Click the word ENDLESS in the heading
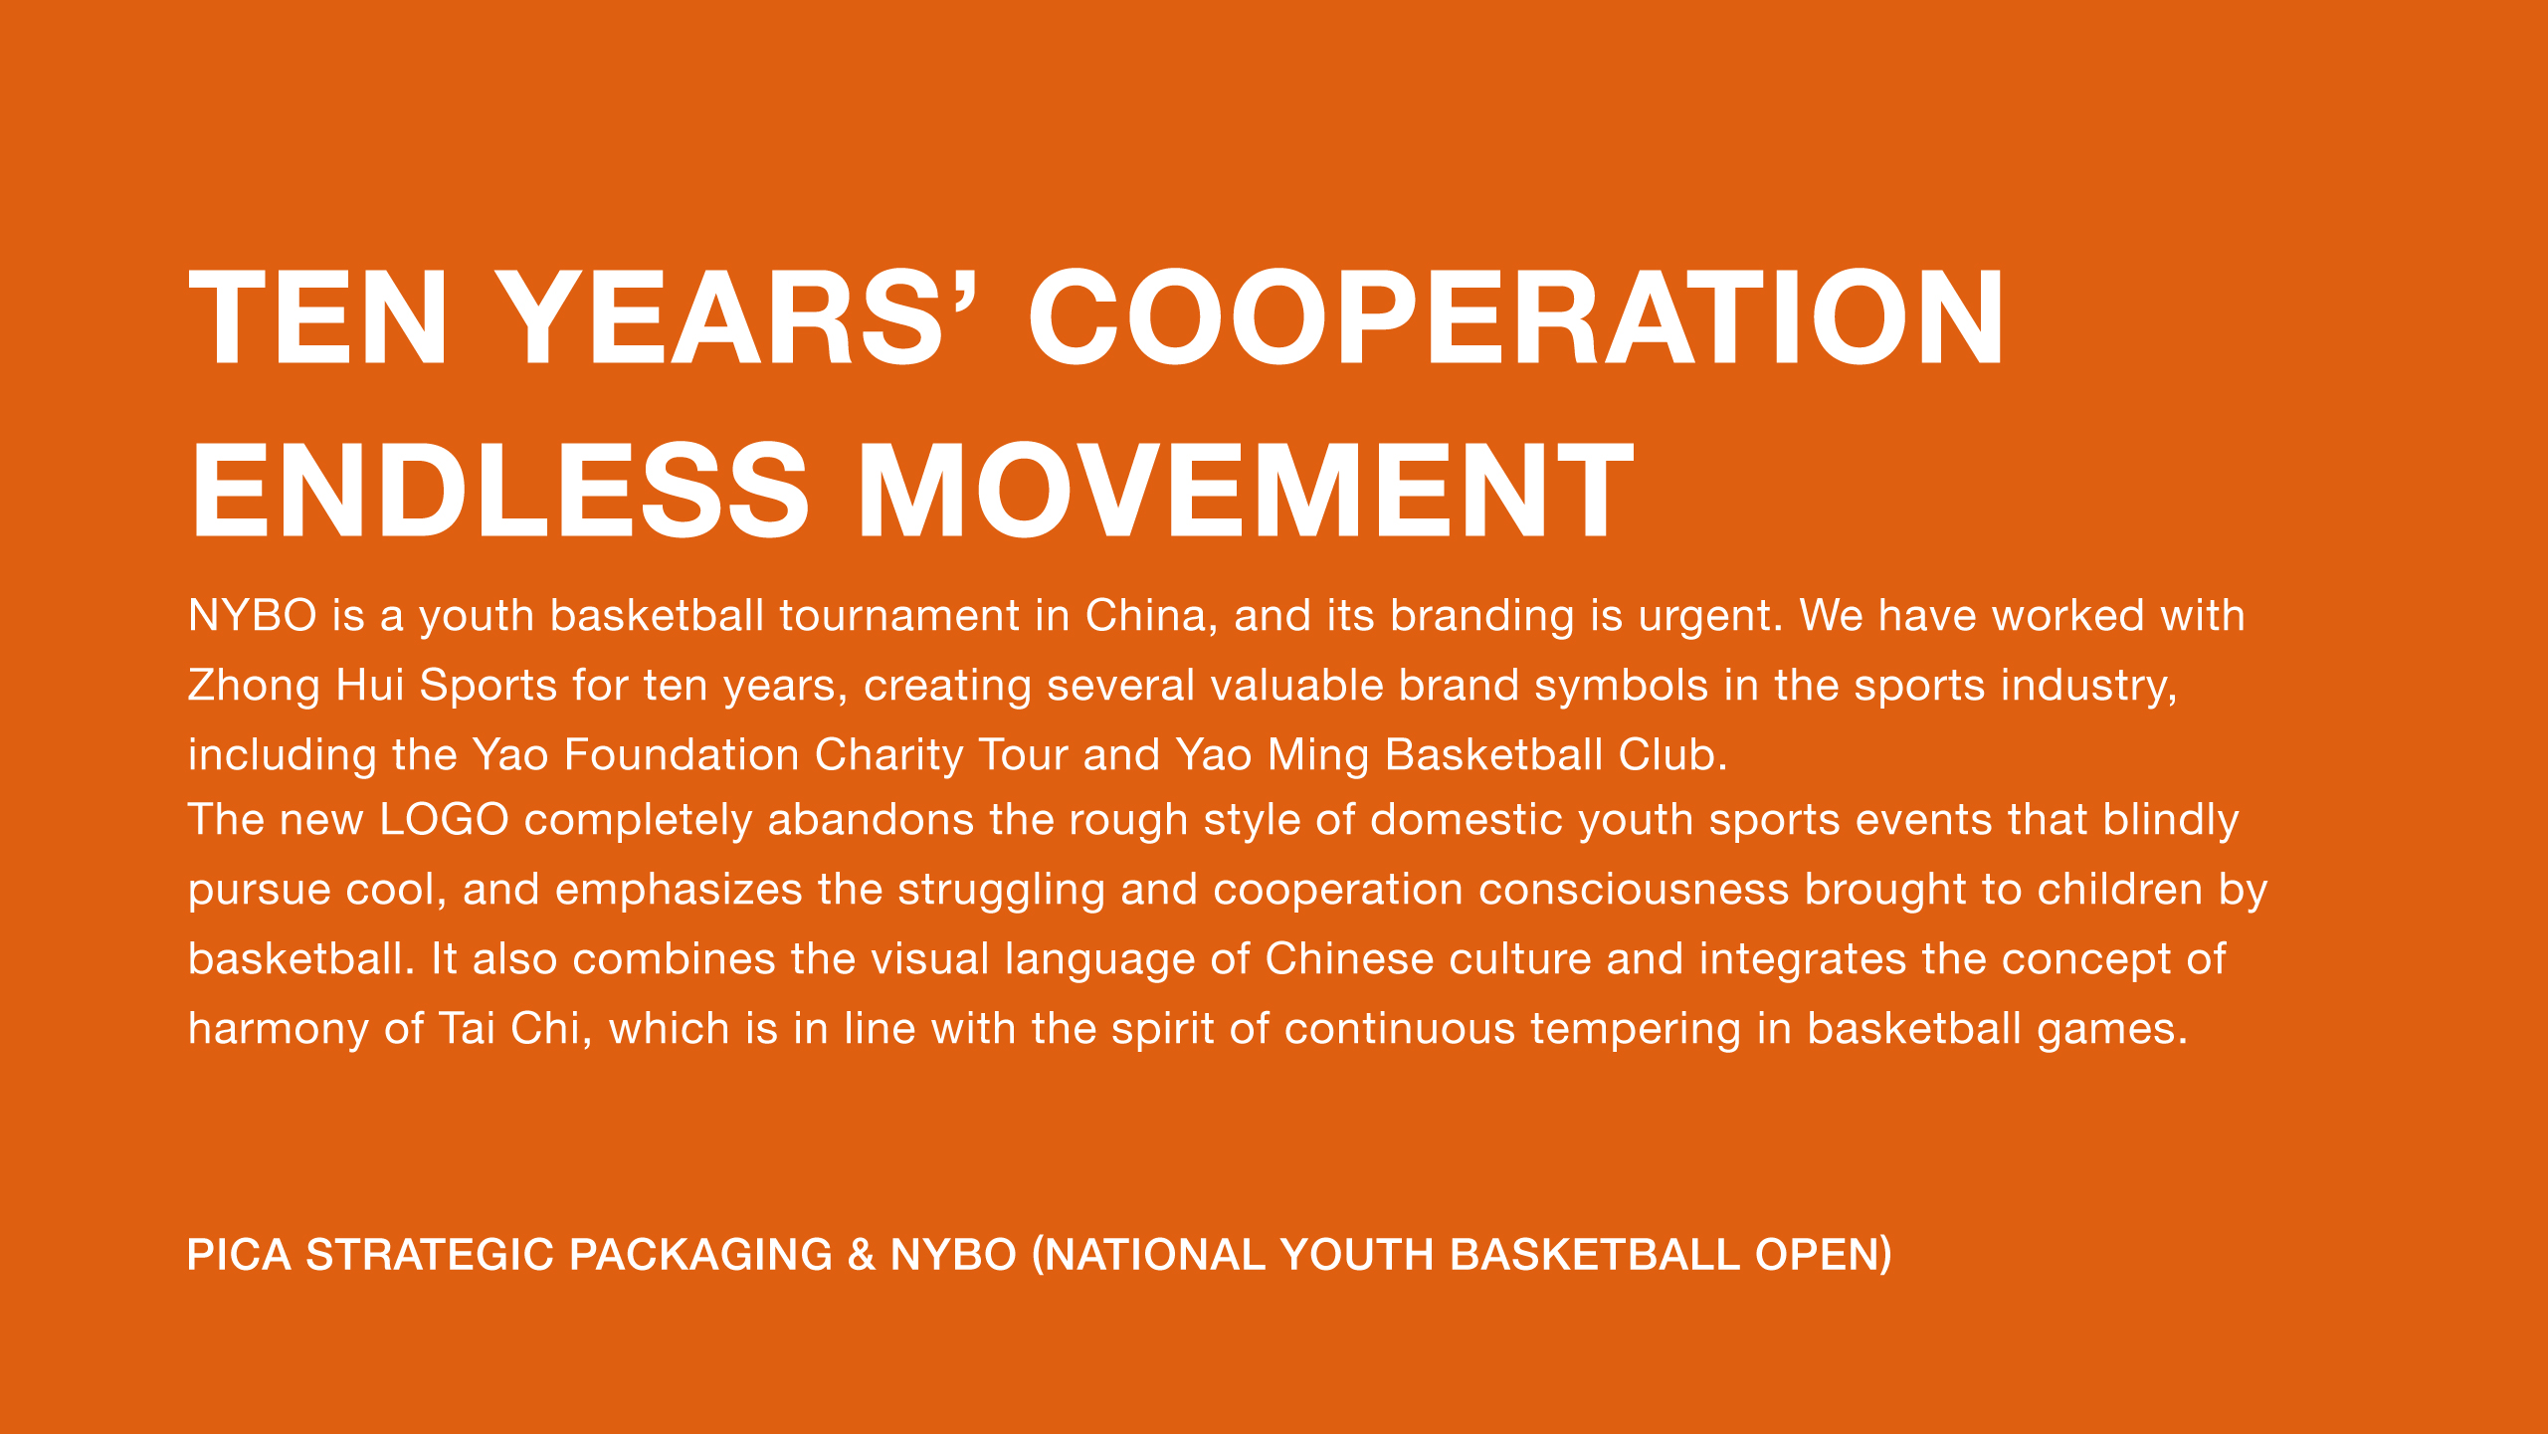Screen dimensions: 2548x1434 [498, 490]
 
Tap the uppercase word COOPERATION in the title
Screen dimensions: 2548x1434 [1515, 316]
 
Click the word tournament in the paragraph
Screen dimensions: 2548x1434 [899, 615]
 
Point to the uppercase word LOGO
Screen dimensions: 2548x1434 [444, 820]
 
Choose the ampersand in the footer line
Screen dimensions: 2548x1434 [862, 1255]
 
